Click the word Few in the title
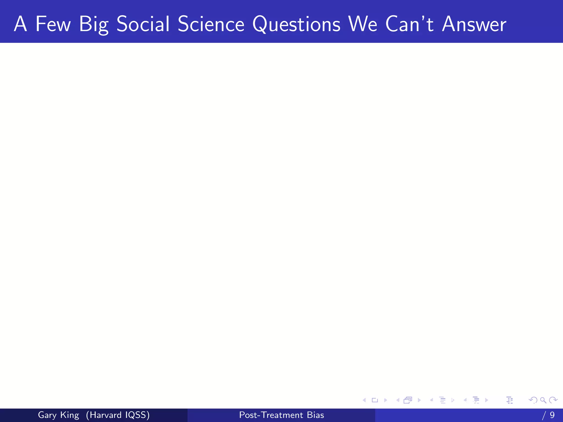click(x=53, y=24)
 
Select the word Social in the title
click(x=143, y=24)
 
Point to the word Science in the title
click(x=211, y=24)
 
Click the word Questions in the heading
click(x=296, y=24)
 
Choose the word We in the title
click(x=363, y=24)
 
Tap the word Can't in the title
click(x=409, y=24)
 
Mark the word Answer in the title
click(x=474, y=24)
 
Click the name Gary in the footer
click(x=47, y=415)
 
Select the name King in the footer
click(x=70, y=415)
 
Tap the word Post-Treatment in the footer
click(x=271, y=415)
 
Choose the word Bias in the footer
click(x=315, y=415)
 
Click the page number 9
click(x=552, y=415)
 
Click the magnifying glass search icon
click(x=543, y=400)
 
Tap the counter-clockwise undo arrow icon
click(x=533, y=400)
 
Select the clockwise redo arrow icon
click(x=553, y=400)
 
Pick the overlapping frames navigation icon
click(x=408, y=400)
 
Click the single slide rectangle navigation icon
click(x=375, y=400)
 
